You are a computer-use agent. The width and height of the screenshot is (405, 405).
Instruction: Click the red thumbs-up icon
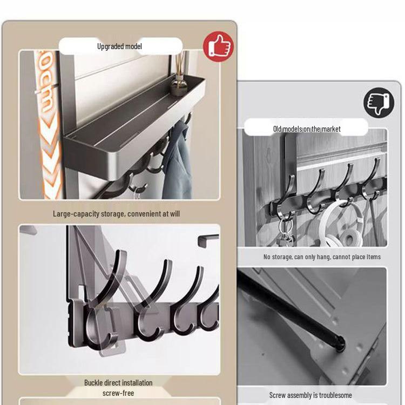coord(218,46)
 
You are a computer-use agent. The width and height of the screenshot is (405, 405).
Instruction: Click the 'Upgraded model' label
coord(119,46)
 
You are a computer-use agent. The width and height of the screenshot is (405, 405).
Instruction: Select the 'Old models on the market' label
coord(306,129)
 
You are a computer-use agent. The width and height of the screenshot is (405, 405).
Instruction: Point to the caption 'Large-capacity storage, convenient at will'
coord(116,214)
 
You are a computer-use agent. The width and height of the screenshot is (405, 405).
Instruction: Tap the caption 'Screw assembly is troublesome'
coord(310,395)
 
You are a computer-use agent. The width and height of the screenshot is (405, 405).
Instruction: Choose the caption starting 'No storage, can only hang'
coord(322,257)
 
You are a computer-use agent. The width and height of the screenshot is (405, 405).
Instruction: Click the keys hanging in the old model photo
coord(285,230)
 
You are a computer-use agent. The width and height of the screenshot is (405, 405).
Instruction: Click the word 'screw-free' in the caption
coord(118,393)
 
